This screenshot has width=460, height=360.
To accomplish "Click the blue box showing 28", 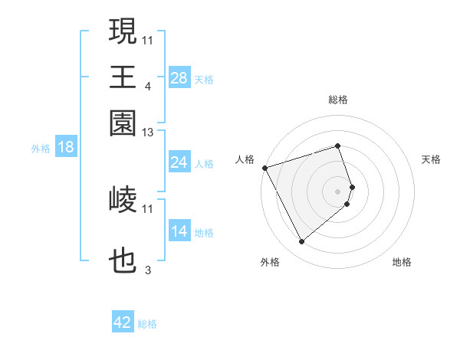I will point(179,78).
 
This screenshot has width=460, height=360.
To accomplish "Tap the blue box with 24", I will point(179,162).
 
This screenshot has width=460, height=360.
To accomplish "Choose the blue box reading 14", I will point(179,231).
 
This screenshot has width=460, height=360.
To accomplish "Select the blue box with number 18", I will point(66,147).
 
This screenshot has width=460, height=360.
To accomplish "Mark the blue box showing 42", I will point(123,322).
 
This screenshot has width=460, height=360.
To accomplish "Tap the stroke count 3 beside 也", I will point(147,270).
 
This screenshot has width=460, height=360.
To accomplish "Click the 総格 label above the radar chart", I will point(338,100).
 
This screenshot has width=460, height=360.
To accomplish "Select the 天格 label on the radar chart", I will point(432,159).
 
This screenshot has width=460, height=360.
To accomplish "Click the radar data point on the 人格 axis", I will point(264,168).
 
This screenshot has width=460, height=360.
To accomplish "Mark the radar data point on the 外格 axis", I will point(301,242).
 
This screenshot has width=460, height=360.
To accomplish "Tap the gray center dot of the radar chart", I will point(338,190).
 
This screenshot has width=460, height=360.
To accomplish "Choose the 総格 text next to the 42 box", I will point(147,324).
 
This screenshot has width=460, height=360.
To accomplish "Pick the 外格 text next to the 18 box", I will point(40,149).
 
